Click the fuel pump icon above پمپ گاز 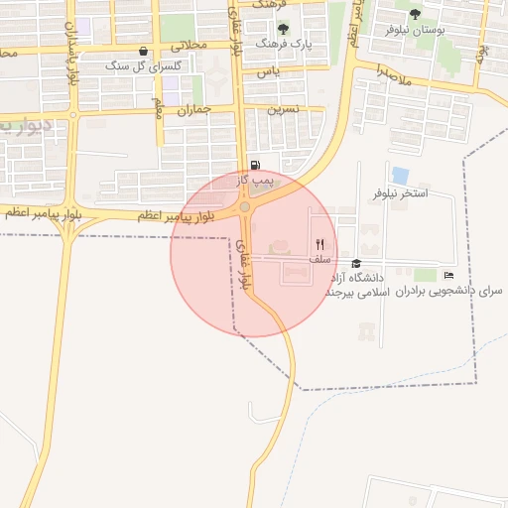pyautogui.click(x=256, y=166)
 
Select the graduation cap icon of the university pyautogui.click(x=356, y=262)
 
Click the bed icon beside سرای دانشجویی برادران pyautogui.click(x=448, y=275)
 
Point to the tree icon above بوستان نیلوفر pyautogui.click(x=415, y=14)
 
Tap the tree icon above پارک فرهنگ pyautogui.click(x=283, y=29)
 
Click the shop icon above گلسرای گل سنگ pyautogui.click(x=145, y=51)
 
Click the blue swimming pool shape pyautogui.click(x=400, y=175)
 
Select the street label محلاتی pyautogui.click(x=190, y=45)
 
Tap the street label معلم pyautogui.click(x=158, y=108)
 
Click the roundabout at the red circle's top pyautogui.click(x=245, y=206)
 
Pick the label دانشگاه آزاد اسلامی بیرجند pyautogui.click(x=353, y=286)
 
